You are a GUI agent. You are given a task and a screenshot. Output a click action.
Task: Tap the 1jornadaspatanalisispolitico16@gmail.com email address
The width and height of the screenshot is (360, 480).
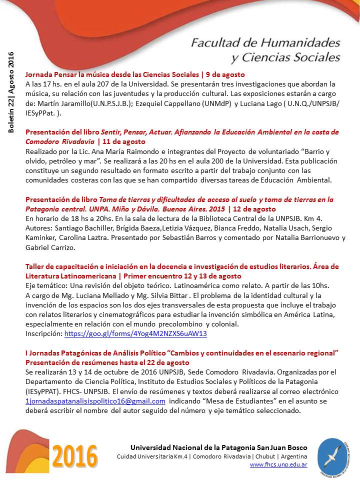click(x=95, y=401)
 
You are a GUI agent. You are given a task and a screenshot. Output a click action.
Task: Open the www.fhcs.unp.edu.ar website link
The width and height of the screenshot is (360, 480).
click(x=278, y=464)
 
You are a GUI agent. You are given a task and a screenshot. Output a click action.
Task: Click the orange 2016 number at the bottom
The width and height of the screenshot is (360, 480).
click(x=75, y=455)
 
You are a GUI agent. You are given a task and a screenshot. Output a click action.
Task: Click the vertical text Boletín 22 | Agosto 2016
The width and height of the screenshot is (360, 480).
click(x=11, y=93)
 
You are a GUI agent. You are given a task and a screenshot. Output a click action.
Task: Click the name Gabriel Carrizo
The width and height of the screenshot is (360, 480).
click(x=50, y=247)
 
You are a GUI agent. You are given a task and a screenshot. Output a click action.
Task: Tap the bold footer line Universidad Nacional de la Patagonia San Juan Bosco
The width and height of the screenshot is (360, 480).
click(x=219, y=447)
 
